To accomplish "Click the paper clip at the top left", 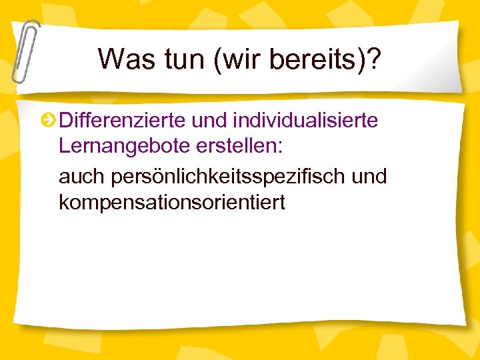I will tap(24, 50).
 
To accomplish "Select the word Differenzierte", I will tap(121, 121).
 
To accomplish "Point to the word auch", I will tap(77, 177).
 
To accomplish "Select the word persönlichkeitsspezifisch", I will tap(221, 177).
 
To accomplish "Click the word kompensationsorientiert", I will tap(172, 202).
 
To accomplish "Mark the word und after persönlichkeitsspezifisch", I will tap(369, 177).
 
